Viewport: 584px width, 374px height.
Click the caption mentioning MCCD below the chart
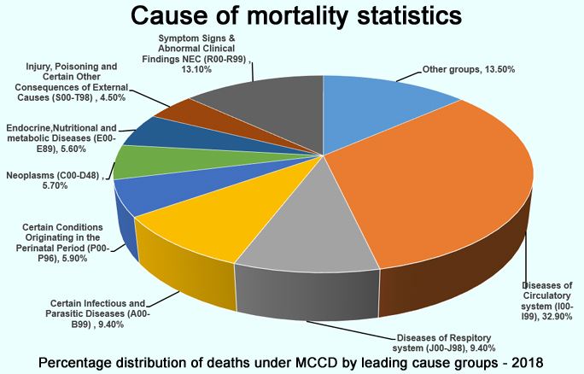(x=290, y=363)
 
